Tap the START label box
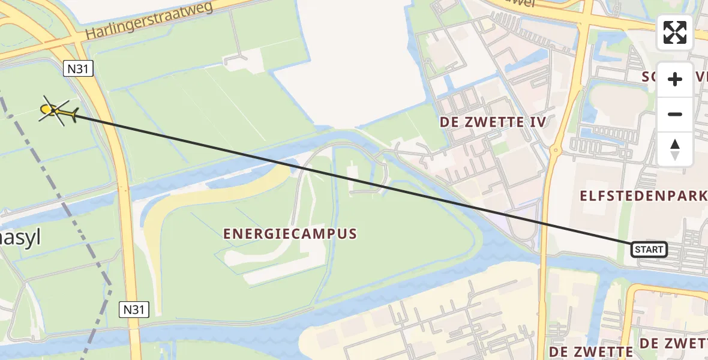(649, 249)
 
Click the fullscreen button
(675, 32)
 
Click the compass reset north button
(675, 149)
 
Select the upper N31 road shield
(78, 69)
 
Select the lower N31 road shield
(133, 310)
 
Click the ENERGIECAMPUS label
(290, 233)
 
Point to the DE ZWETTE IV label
(493, 122)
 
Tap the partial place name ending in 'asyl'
(20, 238)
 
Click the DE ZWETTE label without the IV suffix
(591, 351)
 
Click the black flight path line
(360, 180)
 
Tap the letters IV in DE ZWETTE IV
(538, 122)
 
